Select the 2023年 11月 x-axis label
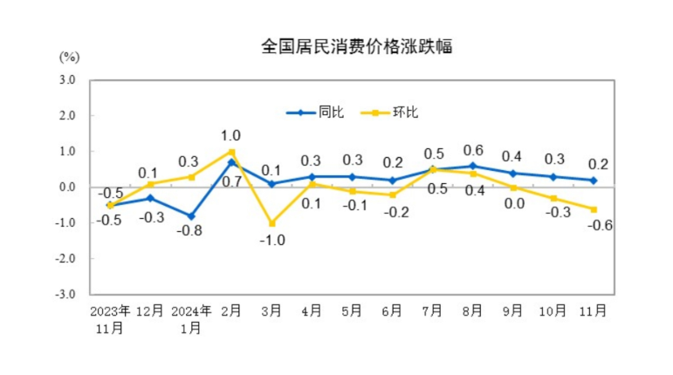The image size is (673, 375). coord(110,318)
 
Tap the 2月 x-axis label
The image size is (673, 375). coord(231,310)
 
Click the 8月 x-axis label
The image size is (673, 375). coord(473,310)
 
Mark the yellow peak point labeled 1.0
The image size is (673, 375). coord(231,152)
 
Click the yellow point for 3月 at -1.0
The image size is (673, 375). coord(271,223)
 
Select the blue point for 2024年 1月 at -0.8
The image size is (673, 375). coord(191,216)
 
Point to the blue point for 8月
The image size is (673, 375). coord(473,166)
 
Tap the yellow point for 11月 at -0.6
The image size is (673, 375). coord(594,209)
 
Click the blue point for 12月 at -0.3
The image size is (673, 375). coord(150,198)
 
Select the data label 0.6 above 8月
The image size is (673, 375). coord(473,149)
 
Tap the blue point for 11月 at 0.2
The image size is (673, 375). coord(594,181)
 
